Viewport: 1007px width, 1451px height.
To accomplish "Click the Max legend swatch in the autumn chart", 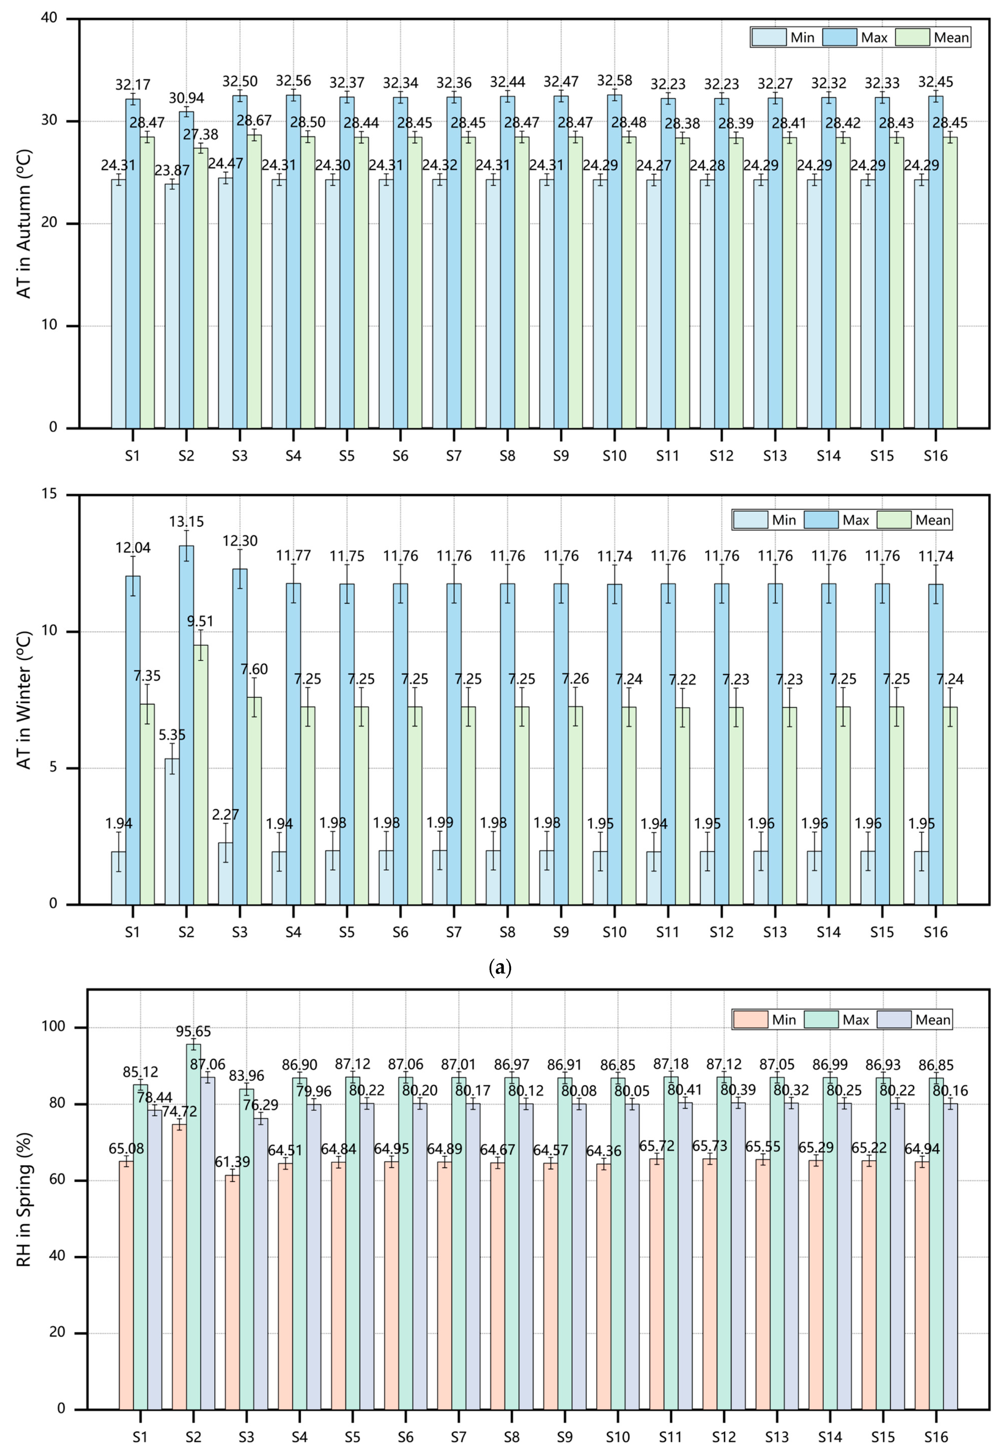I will point(839,37).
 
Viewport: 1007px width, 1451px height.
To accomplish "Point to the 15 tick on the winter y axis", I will point(49,494).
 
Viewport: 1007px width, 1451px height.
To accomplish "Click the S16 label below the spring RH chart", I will point(936,1438).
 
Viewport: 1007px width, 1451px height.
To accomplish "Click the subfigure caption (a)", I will point(500,967).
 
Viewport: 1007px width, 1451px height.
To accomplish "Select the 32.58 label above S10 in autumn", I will point(615,80).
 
